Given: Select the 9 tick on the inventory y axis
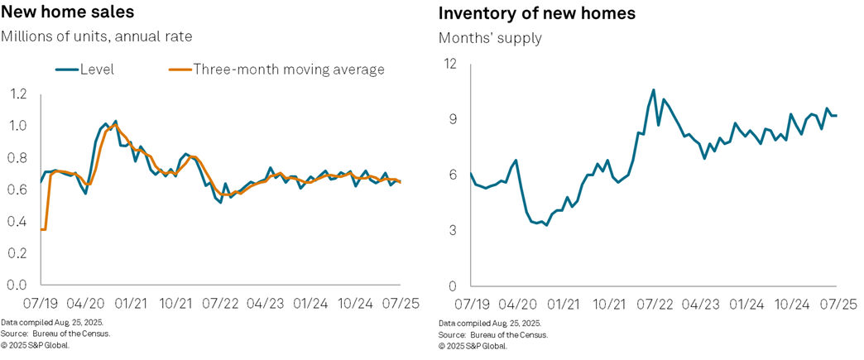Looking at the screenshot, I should [452, 119].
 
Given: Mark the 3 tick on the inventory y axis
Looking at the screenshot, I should [452, 230].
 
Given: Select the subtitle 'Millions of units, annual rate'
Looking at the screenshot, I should [97, 36].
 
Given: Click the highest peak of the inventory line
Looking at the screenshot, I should [654, 89].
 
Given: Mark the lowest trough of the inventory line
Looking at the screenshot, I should [546, 225].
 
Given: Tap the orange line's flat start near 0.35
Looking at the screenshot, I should [43, 229].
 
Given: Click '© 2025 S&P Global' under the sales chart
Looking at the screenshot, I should [35, 345].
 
